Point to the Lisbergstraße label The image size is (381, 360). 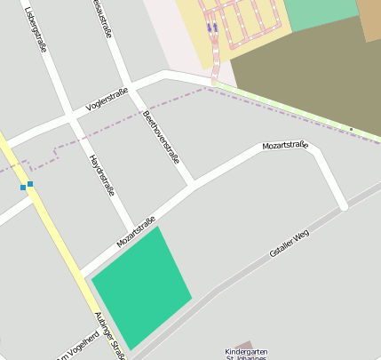36,28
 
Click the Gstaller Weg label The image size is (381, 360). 289,243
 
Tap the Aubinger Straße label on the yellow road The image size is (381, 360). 110,336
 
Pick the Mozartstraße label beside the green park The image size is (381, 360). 136,232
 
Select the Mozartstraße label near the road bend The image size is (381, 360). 284,145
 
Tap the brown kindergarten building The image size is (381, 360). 247,343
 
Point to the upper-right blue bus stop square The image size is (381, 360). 30,184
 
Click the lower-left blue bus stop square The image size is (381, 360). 23,188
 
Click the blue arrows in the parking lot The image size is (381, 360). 211,27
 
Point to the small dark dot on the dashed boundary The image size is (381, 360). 351,130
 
